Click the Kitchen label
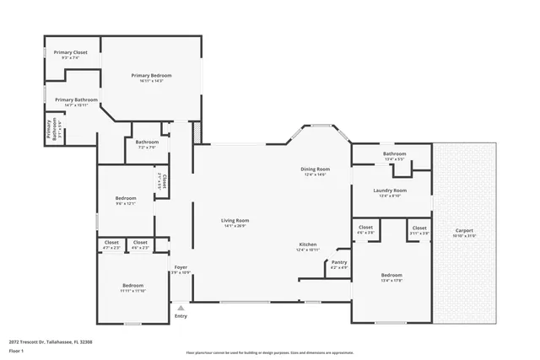click(x=307, y=246)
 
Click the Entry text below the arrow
click(x=181, y=316)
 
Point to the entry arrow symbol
click(x=181, y=307)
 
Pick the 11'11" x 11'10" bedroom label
click(x=132, y=287)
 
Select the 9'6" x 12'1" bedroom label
click(x=125, y=201)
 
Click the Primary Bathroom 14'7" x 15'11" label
click(x=72, y=102)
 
